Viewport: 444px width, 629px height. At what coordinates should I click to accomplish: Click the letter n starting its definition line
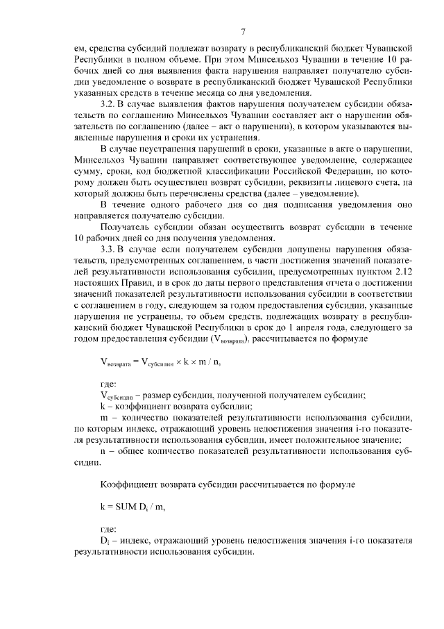pos(103,450)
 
